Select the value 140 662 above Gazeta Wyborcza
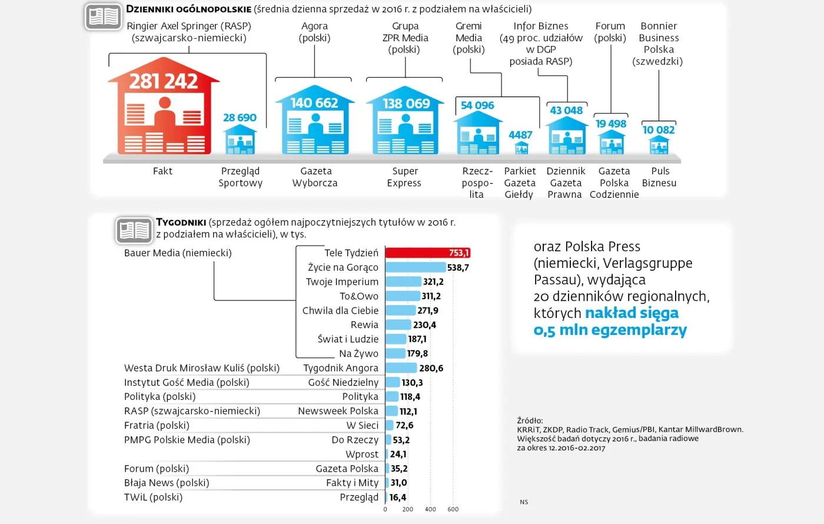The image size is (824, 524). pyautogui.click(x=314, y=103)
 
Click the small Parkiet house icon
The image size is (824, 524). pyautogui.click(x=521, y=147)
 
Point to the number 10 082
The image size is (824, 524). pyautogui.click(x=659, y=130)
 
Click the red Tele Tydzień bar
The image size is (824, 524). pyautogui.click(x=427, y=253)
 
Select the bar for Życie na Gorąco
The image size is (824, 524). pyautogui.click(x=416, y=267)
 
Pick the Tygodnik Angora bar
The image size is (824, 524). pyautogui.click(x=401, y=368)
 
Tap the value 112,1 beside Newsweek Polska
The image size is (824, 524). pyautogui.click(x=408, y=412)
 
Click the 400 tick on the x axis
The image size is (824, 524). pyautogui.click(x=430, y=509)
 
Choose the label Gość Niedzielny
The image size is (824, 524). pyautogui.click(x=343, y=383)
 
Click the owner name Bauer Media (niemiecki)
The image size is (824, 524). pyautogui.click(x=178, y=253)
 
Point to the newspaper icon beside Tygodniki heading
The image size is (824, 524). pyautogui.click(x=134, y=230)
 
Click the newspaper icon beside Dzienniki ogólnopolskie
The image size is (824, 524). pyautogui.click(x=104, y=16)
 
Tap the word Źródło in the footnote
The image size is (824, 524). pyautogui.click(x=530, y=420)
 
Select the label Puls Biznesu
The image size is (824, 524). pyautogui.click(x=659, y=177)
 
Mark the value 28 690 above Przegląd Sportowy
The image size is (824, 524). pyautogui.click(x=240, y=118)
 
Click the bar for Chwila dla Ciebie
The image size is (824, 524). pyautogui.click(x=400, y=310)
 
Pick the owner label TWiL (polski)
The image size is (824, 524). pyautogui.click(x=153, y=497)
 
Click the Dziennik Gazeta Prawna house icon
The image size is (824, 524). pyautogui.click(x=566, y=137)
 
